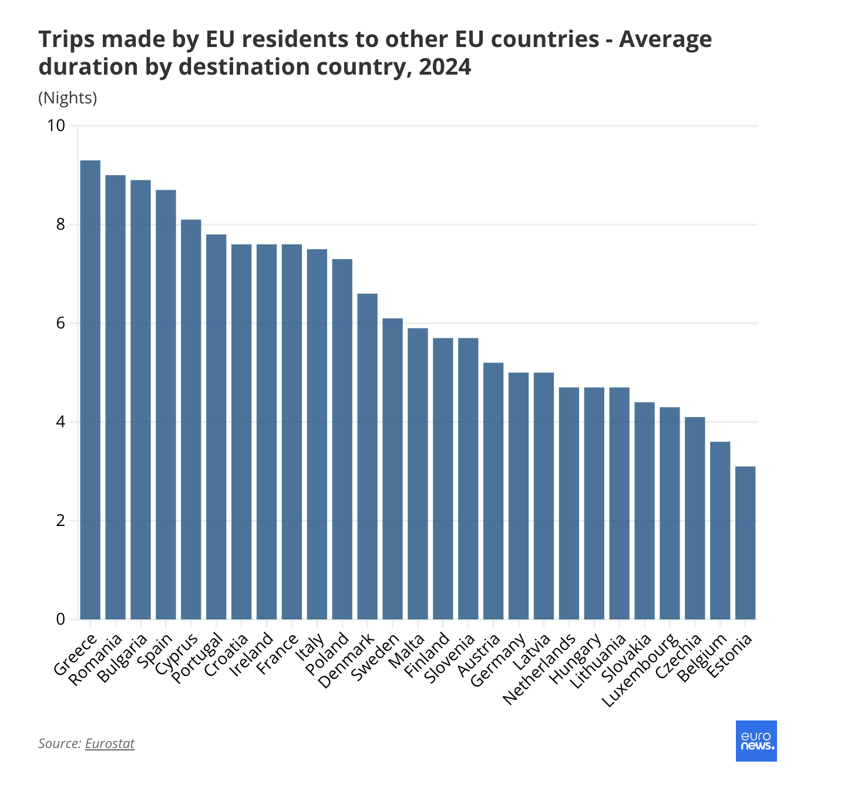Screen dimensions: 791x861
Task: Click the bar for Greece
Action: pos(90,390)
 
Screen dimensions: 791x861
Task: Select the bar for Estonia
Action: pos(745,542)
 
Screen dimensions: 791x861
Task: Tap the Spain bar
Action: pos(166,404)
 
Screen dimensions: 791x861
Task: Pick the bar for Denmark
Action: pos(368,456)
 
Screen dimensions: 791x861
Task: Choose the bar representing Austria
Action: pos(493,491)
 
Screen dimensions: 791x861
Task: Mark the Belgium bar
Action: pos(720,530)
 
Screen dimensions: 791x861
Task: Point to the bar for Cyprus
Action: pos(191,419)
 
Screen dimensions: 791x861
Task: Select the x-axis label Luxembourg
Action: pos(642,669)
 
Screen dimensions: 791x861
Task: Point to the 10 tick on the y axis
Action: pos(56,126)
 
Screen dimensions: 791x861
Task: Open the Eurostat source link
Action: pos(110,743)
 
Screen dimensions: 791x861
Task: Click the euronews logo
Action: pos(756,741)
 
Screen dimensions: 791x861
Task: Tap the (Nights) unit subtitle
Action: pos(68,98)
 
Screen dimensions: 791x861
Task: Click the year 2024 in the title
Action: pos(445,67)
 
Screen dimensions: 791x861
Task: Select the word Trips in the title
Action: pos(63,39)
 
